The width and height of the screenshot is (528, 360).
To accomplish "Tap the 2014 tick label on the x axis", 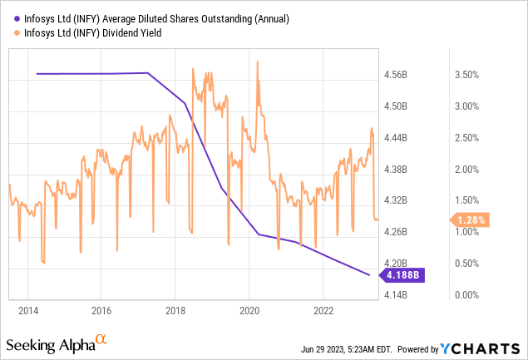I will pos(28,310).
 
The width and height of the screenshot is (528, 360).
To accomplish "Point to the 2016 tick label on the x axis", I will pos(101,310).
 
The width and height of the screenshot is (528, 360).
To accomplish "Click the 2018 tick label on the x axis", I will pos(175,310).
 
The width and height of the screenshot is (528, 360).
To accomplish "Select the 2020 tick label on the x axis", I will pos(249,310).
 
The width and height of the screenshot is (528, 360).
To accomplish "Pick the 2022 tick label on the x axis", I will pos(323,310).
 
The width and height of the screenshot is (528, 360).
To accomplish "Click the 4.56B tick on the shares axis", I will pos(397,75).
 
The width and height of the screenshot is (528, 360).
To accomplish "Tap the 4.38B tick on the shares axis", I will pos(397,170).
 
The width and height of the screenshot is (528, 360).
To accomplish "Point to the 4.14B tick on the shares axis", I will pos(397,295).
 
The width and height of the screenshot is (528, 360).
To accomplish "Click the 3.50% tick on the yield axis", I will pos(466,75).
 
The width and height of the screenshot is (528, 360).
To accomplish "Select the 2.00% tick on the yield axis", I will pos(466,170).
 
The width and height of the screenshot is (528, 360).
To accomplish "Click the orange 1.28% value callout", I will pos(471,220).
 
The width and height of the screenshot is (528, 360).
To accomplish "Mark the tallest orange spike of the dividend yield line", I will pos(258,62).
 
